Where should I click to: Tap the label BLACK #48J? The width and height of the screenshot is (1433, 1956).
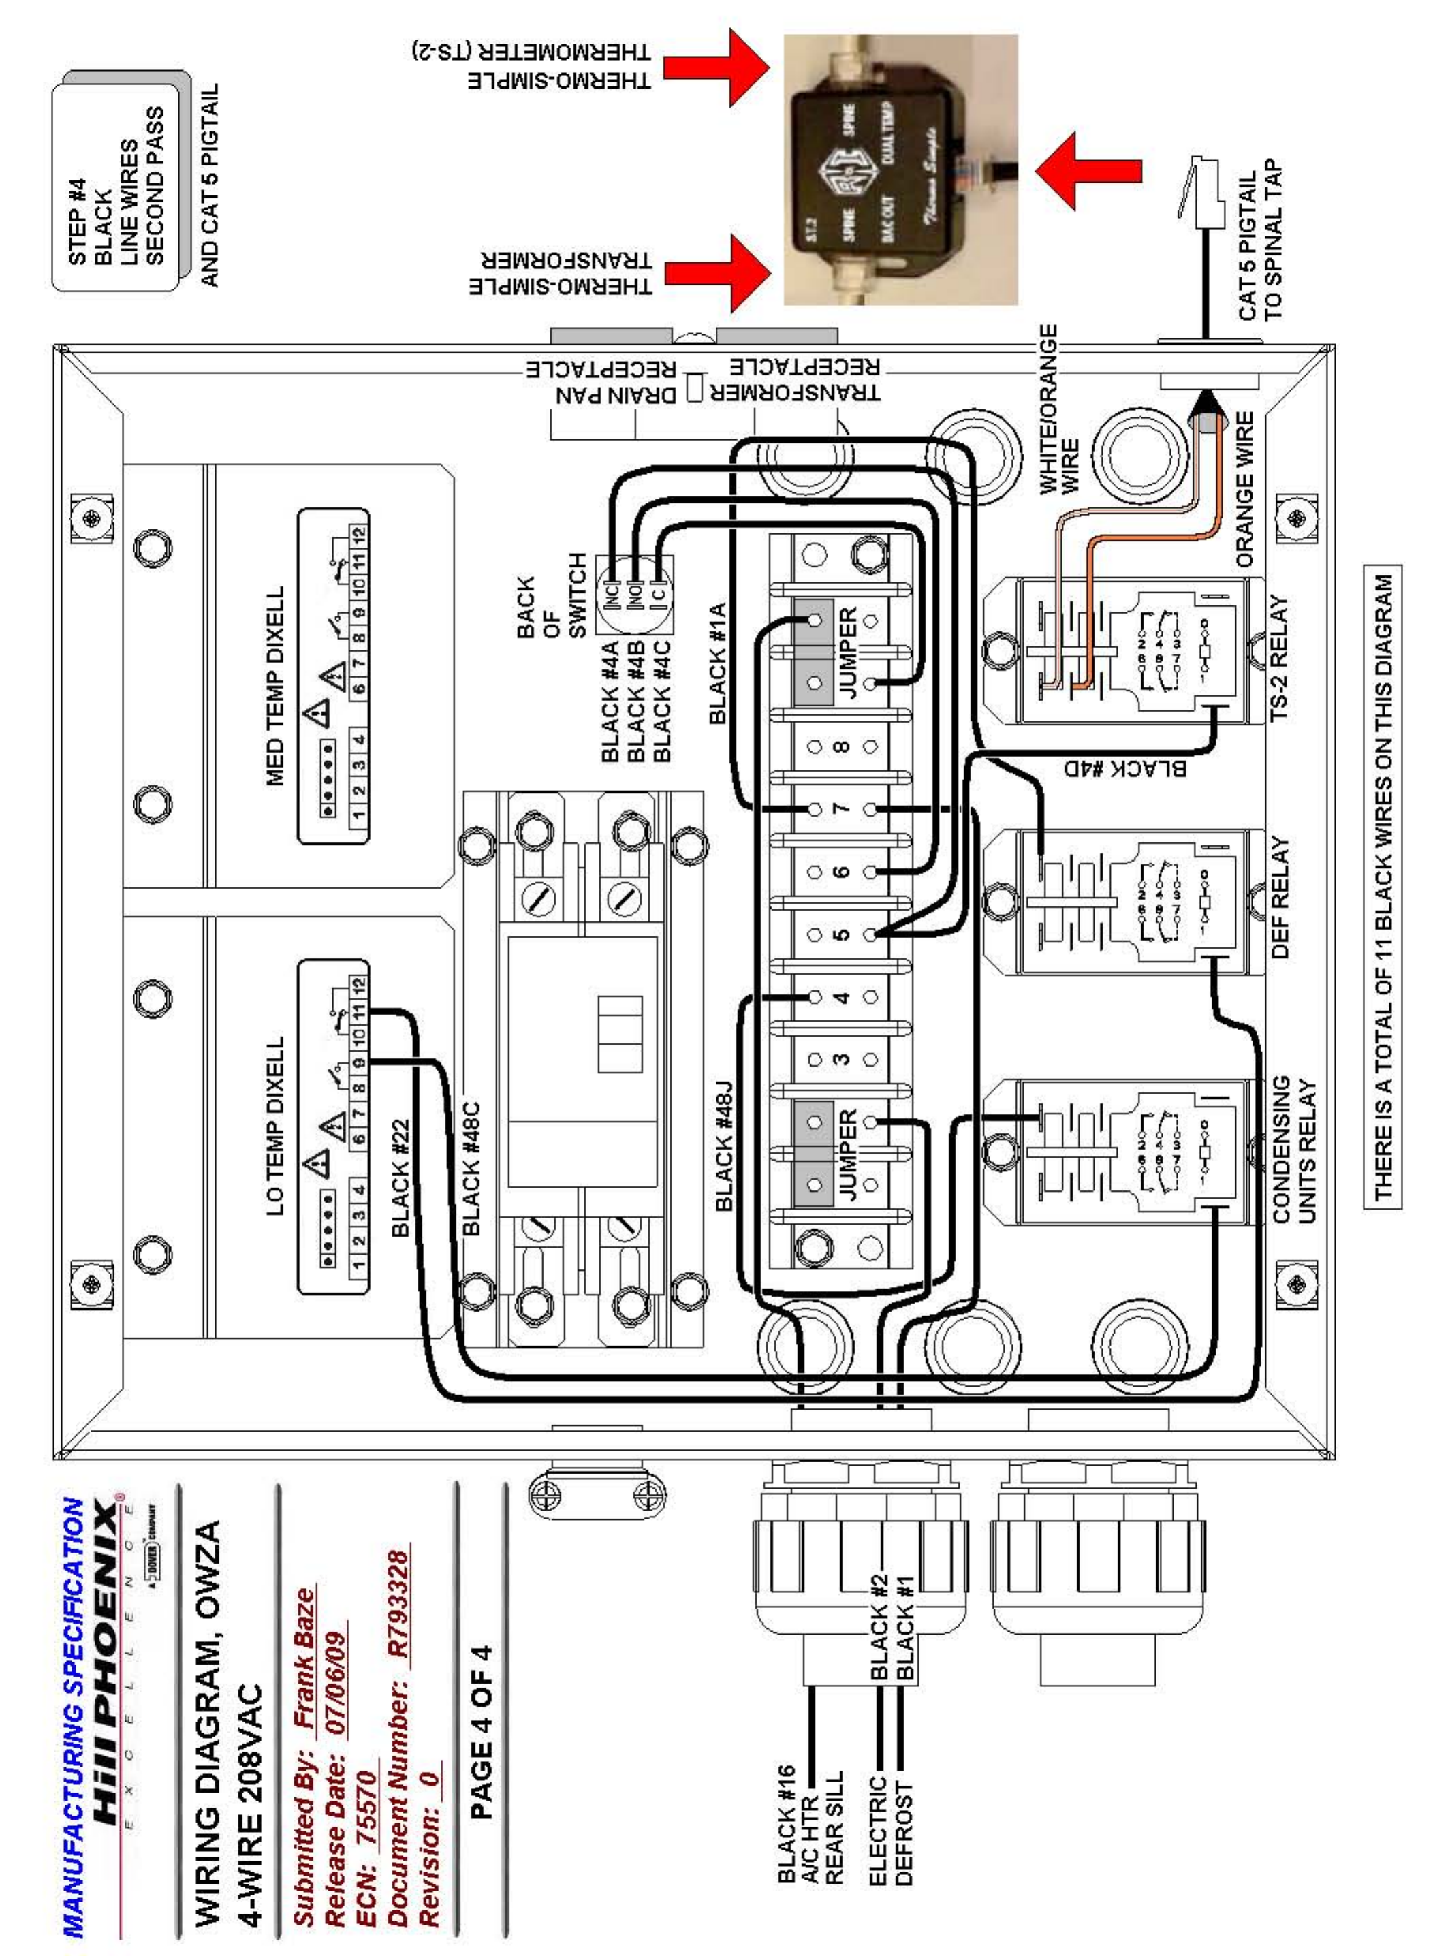click(725, 1145)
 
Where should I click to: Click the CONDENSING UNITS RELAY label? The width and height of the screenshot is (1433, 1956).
click(1293, 1150)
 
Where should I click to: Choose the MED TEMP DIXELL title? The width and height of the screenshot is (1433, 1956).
click(276, 685)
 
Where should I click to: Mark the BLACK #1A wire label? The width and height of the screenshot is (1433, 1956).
click(717, 663)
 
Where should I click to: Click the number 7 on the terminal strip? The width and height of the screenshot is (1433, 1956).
click(840, 808)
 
